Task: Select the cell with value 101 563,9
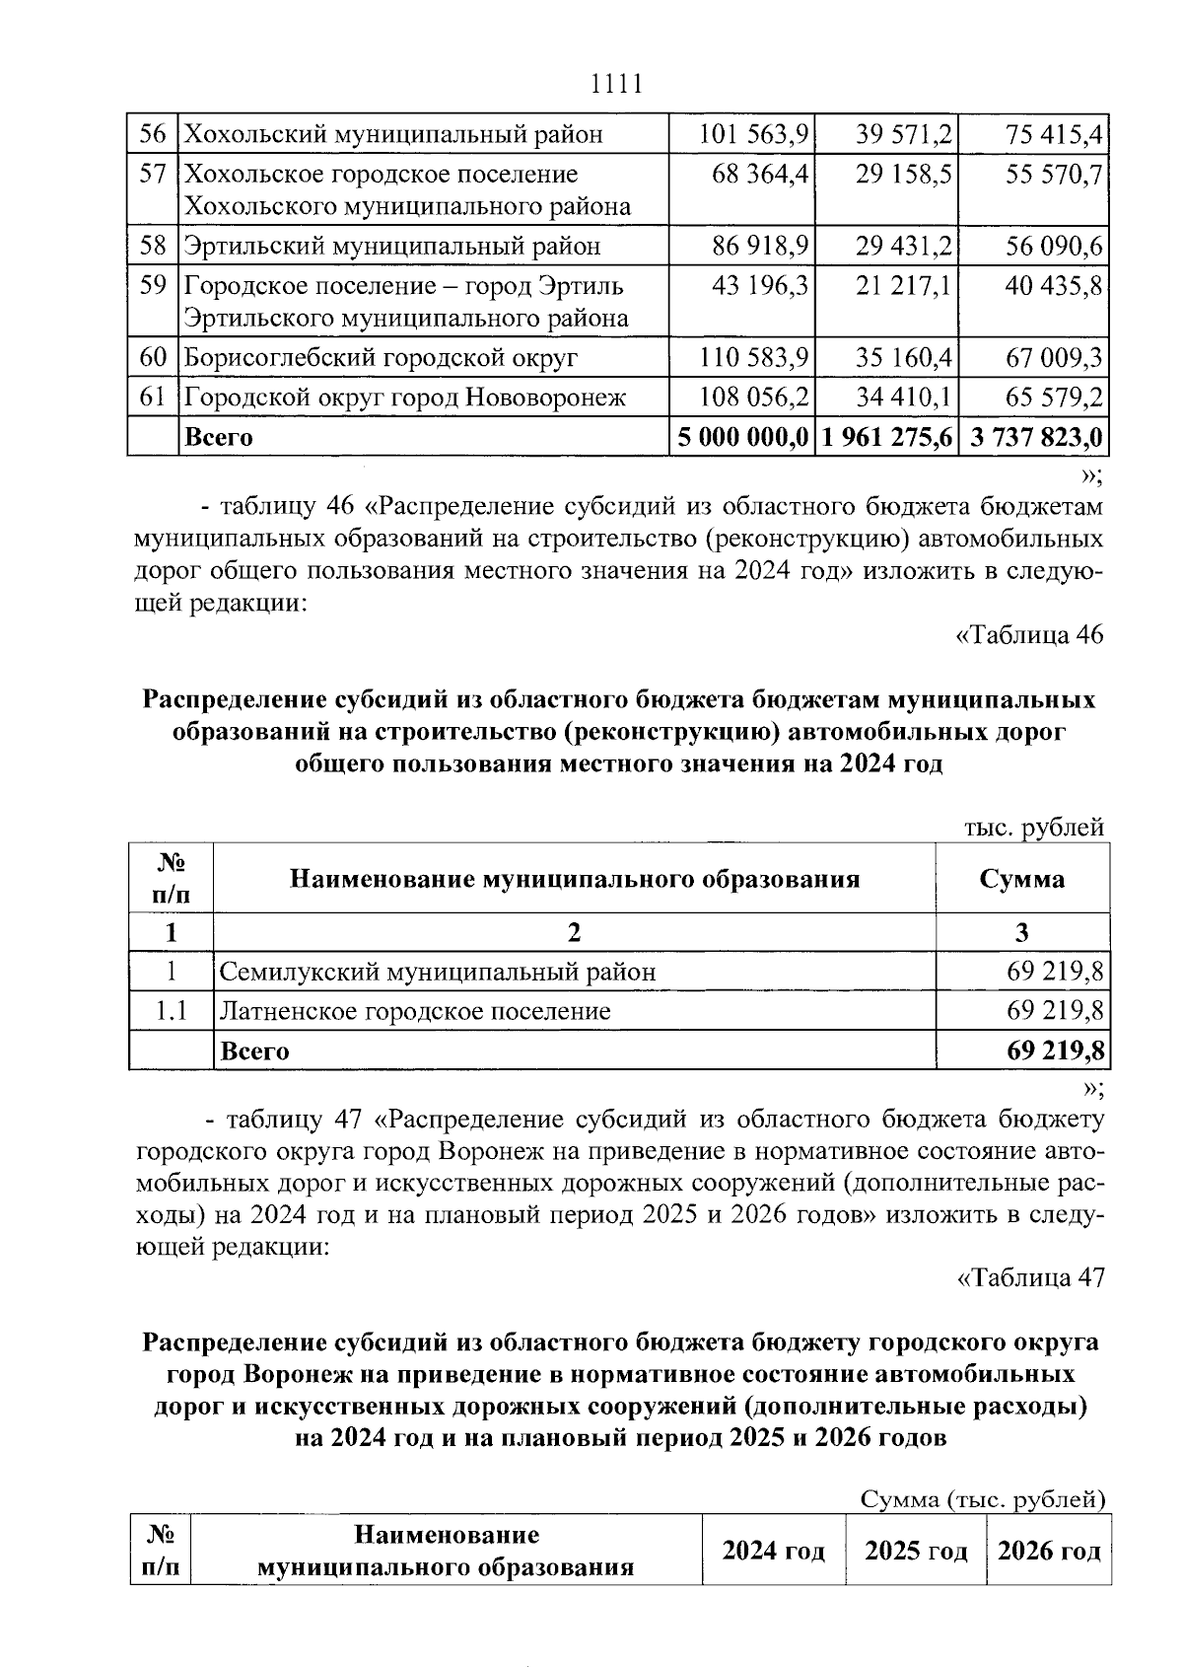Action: click(754, 134)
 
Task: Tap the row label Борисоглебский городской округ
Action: click(382, 357)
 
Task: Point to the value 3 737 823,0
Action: click(1036, 437)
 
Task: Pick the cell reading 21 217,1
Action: click(903, 286)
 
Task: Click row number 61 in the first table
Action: click(153, 398)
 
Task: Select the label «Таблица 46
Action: click(1030, 634)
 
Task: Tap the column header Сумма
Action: click(1021, 879)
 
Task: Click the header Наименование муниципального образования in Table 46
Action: click(574, 879)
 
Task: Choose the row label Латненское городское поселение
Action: click(415, 1011)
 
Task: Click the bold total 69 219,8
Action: click(1055, 1051)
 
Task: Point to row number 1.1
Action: click(172, 1011)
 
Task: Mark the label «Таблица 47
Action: click(1030, 1277)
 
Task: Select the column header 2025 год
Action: click(916, 1552)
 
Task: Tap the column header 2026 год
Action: click(1049, 1552)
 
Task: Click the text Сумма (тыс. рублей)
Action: click(982, 1500)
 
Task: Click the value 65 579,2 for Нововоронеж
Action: click(1054, 398)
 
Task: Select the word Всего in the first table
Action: click(219, 437)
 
